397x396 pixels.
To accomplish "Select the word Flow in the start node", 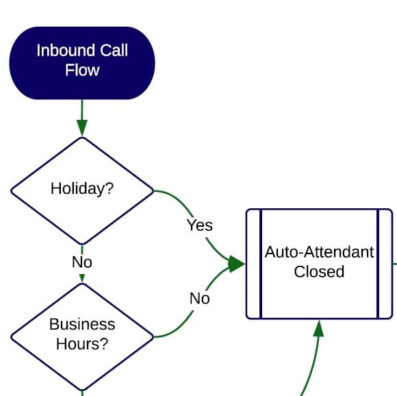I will [x=82, y=70].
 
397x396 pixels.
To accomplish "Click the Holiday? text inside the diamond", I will [x=82, y=189].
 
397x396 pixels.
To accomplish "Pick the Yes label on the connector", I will [x=199, y=225].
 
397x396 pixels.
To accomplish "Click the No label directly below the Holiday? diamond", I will [x=82, y=262].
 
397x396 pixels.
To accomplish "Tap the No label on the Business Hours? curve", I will [x=199, y=299].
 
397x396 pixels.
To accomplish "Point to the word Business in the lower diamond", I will [x=82, y=324].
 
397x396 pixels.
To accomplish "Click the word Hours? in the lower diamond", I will [x=82, y=343].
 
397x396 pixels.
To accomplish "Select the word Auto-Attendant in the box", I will [x=319, y=252].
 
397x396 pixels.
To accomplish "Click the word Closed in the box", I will [x=319, y=271].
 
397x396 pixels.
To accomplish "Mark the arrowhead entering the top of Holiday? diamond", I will [x=82, y=129].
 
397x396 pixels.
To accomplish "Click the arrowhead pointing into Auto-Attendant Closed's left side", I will [x=238, y=264].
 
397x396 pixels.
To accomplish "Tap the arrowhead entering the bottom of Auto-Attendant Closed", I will [x=318, y=327].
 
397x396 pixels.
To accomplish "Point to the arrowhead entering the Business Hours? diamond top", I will [x=82, y=279].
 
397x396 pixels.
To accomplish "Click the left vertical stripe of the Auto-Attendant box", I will [x=260, y=264].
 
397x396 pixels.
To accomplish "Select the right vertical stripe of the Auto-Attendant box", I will [x=378, y=264].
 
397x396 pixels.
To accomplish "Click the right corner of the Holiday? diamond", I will [x=152, y=190].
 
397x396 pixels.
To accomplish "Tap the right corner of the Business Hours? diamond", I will [x=152, y=337].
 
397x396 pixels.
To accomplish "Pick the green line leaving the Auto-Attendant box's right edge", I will [x=394, y=262].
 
